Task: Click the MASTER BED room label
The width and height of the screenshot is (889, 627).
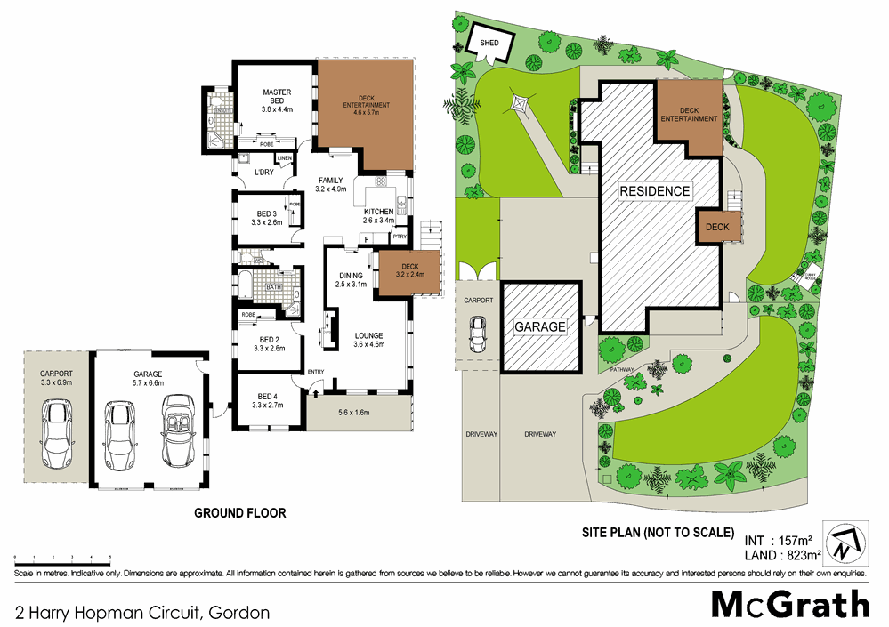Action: click(277, 92)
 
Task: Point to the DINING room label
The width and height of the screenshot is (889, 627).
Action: click(351, 276)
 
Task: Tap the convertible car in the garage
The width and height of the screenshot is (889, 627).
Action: click(178, 434)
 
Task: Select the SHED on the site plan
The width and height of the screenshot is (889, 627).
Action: click(489, 43)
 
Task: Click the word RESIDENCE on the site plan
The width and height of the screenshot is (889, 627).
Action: click(655, 190)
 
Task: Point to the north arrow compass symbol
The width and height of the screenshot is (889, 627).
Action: click(841, 542)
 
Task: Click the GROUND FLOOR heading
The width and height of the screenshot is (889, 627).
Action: click(239, 513)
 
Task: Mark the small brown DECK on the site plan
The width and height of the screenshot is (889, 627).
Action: click(717, 229)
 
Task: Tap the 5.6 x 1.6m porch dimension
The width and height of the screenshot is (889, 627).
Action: click(357, 413)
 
